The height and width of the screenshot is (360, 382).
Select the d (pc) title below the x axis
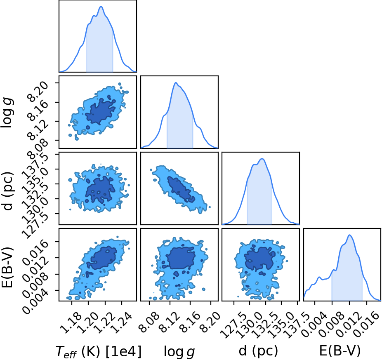click(x=258, y=351)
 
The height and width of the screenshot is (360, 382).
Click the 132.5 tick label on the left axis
click(x=34, y=193)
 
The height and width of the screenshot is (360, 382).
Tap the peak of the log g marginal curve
click(x=176, y=83)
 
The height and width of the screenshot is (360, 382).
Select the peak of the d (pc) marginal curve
click(x=262, y=159)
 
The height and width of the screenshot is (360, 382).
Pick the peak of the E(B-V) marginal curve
click(x=349, y=235)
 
